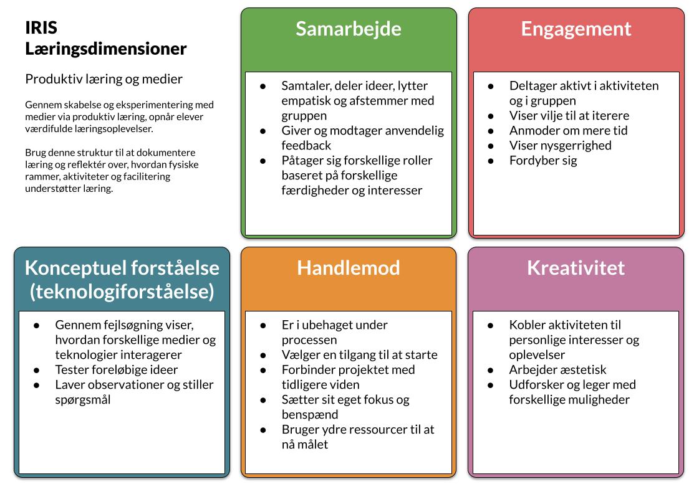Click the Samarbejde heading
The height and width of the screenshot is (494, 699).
(x=349, y=29)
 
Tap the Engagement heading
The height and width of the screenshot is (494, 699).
(x=576, y=29)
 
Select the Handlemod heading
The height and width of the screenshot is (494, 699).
(x=349, y=268)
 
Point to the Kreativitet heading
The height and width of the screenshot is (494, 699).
(x=576, y=268)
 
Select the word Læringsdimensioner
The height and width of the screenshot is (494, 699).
(x=106, y=48)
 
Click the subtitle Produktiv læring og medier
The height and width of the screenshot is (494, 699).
(x=104, y=79)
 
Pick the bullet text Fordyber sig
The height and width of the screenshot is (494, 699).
(x=543, y=160)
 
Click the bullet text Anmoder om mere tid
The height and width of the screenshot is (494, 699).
(x=568, y=130)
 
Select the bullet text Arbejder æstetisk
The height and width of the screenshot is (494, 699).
(x=557, y=369)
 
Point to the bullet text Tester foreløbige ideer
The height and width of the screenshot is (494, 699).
(x=116, y=369)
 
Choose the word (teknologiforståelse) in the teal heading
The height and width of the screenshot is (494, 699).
(x=122, y=291)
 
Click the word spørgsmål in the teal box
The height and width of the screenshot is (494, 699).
(x=83, y=399)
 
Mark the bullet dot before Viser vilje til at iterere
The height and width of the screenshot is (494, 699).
(x=491, y=115)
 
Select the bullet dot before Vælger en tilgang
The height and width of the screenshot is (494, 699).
(x=263, y=354)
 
